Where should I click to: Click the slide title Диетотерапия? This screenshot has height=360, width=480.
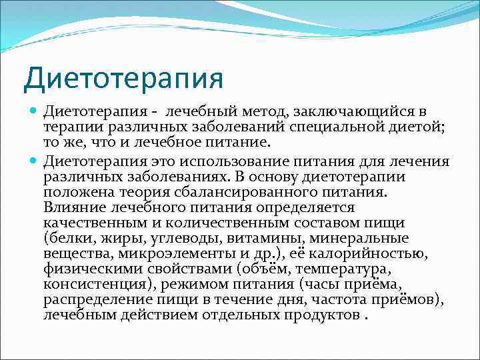pos(123,78)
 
